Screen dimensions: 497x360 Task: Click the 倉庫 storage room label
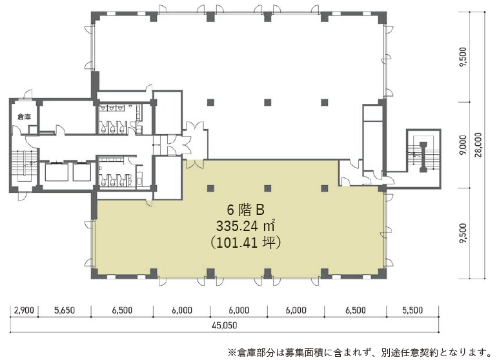[24, 117]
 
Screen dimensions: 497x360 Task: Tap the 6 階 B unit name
[245, 210]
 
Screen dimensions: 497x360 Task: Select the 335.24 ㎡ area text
[245, 226]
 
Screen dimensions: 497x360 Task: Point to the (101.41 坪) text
[245, 243]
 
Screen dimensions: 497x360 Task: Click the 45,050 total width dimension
[225, 325]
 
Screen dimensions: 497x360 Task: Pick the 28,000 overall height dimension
[478, 145]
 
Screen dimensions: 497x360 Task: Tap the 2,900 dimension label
[24, 310]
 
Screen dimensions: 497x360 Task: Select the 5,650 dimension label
[65, 310]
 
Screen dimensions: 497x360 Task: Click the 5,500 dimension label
[412, 310]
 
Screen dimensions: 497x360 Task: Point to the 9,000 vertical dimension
[463, 145]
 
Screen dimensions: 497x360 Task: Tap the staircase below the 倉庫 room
[24, 166]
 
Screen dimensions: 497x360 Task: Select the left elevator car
[56, 172]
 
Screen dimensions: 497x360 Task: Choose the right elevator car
[82, 172]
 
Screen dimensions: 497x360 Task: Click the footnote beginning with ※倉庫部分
[360, 352]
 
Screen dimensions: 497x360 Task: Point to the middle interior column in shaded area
[267, 188]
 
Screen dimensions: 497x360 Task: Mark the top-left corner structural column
[95, 16]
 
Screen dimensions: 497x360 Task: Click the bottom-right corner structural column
[382, 274]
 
